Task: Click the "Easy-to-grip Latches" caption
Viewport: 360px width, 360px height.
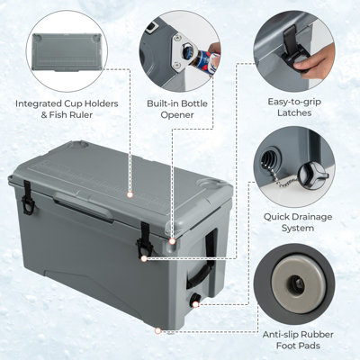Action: point(292,109)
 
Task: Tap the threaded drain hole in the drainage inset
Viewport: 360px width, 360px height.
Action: point(270,162)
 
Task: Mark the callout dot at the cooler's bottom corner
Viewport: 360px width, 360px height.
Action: point(159,330)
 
